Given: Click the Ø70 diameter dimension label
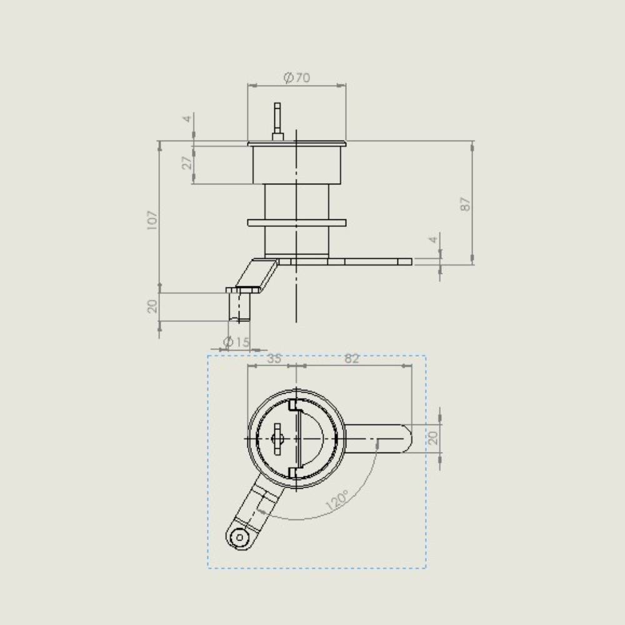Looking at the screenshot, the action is click(x=296, y=77).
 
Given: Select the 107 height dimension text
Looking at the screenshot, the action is click(x=152, y=220).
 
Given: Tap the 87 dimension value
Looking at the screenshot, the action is click(x=465, y=204).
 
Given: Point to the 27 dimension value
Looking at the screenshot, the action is click(x=187, y=163).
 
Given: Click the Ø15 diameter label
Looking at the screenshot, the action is click(x=236, y=342).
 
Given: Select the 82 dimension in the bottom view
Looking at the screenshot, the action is click(x=351, y=358).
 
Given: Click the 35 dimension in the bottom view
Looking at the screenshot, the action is click(x=274, y=358).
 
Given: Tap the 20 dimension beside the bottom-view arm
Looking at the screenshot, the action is click(x=433, y=438).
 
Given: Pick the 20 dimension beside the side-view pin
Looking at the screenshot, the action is click(x=152, y=306).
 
